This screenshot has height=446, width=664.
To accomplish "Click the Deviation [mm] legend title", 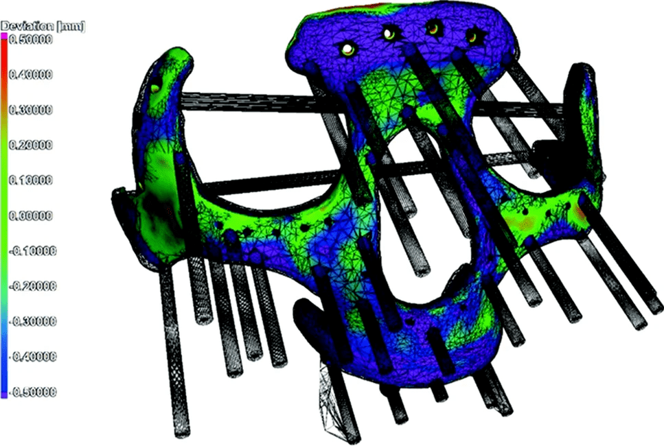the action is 43,27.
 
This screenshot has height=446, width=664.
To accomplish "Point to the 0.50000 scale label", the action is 31,39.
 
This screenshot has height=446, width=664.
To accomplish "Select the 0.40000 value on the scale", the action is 31,75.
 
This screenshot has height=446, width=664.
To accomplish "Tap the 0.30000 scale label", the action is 31,110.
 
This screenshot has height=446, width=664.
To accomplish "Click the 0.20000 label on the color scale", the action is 31,145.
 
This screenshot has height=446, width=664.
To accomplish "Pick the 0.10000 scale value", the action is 31,180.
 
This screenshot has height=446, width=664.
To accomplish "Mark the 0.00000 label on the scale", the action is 31,216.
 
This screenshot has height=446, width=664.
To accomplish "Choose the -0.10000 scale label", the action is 32,251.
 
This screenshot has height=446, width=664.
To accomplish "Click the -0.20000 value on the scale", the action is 32,287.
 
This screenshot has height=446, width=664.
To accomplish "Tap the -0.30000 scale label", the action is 32,322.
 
